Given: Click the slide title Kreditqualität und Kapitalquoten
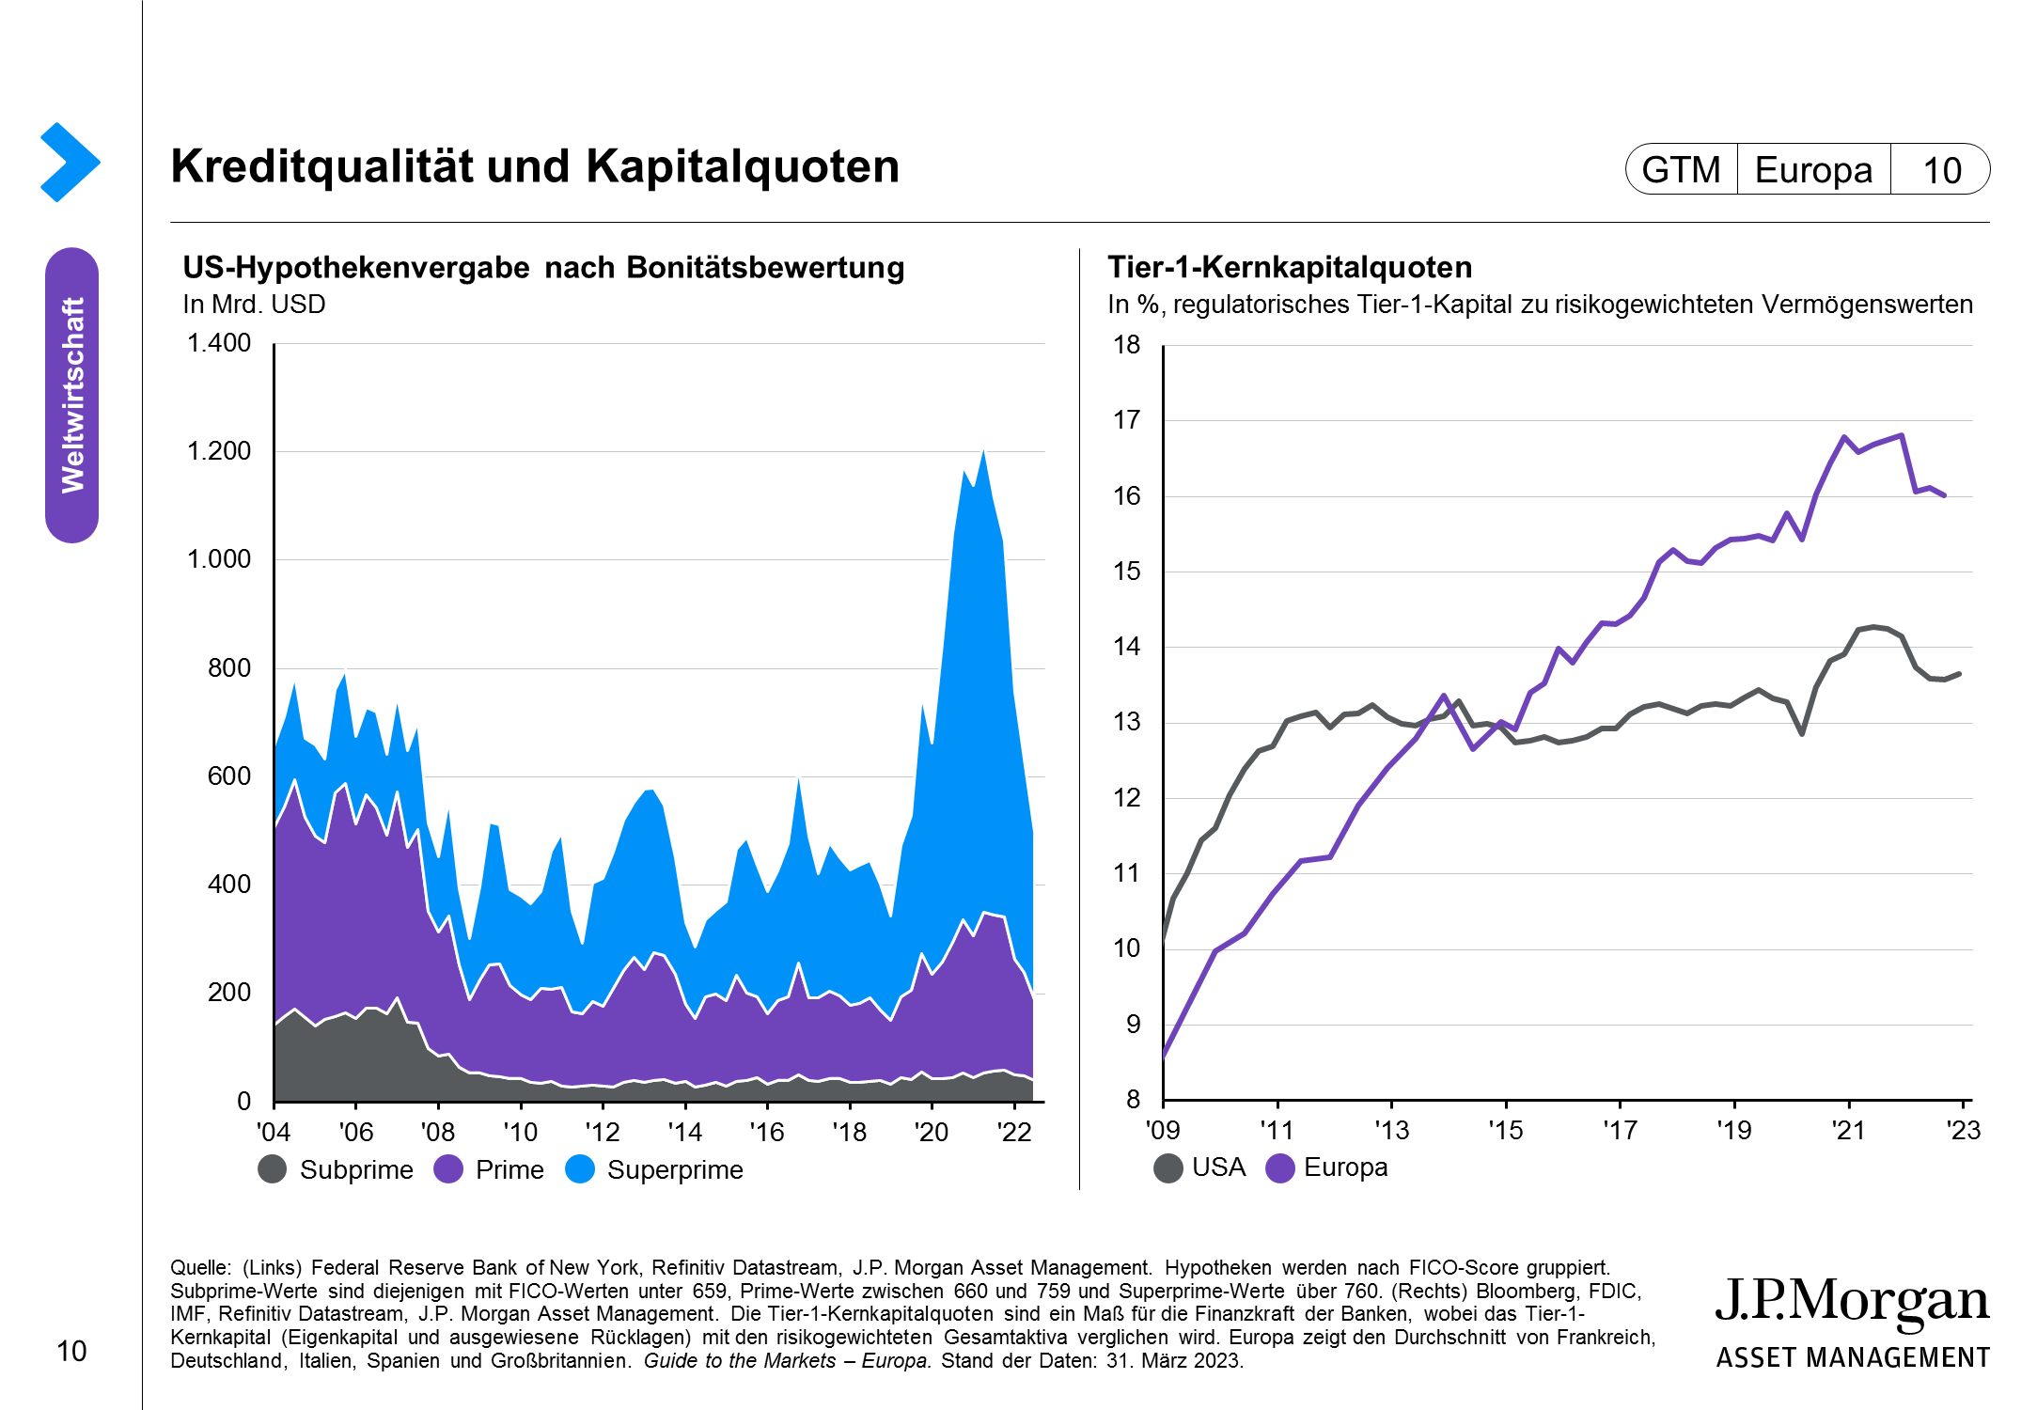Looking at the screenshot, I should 535,167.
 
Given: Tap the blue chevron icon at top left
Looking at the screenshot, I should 70,162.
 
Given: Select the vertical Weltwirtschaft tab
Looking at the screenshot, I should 72,395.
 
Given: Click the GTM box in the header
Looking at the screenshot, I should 1681,170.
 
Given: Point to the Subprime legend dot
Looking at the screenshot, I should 273,1169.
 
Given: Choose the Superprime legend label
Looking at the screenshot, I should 674,1169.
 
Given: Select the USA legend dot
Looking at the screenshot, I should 1168,1167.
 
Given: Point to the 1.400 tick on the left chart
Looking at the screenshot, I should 219,343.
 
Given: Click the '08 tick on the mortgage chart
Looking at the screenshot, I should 438,1132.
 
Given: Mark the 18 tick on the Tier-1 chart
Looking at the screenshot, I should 1127,345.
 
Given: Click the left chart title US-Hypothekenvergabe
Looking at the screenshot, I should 543,268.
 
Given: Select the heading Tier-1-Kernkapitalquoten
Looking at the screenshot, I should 1290,268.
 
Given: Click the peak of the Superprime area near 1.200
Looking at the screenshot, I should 983,452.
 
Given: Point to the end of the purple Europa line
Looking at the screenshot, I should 1944,494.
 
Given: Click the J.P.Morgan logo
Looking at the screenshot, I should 1852,1321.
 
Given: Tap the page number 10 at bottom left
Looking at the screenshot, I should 71,1352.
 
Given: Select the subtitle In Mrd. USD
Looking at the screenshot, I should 254,305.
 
